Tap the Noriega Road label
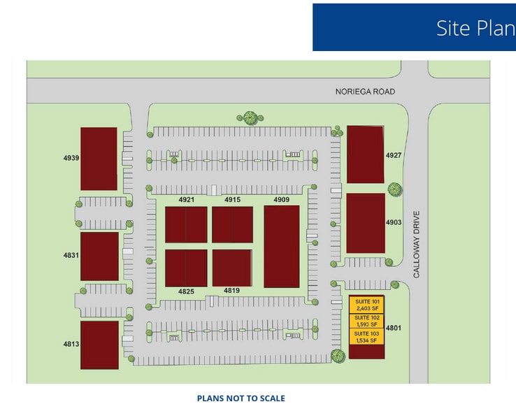(364, 92)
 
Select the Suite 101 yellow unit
(366, 305)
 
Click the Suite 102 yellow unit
(366, 321)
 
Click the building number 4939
(71, 158)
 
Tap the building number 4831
(71, 255)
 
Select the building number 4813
(71, 343)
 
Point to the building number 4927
(394, 155)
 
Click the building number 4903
(394, 222)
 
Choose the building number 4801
(394, 327)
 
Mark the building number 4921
(186, 200)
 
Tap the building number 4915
(232, 200)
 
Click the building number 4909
(281, 200)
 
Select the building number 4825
(186, 291)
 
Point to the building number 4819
(232, 290)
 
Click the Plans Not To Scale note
(241, 398)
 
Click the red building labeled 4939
(99, 159)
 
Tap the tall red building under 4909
(281, 246)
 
